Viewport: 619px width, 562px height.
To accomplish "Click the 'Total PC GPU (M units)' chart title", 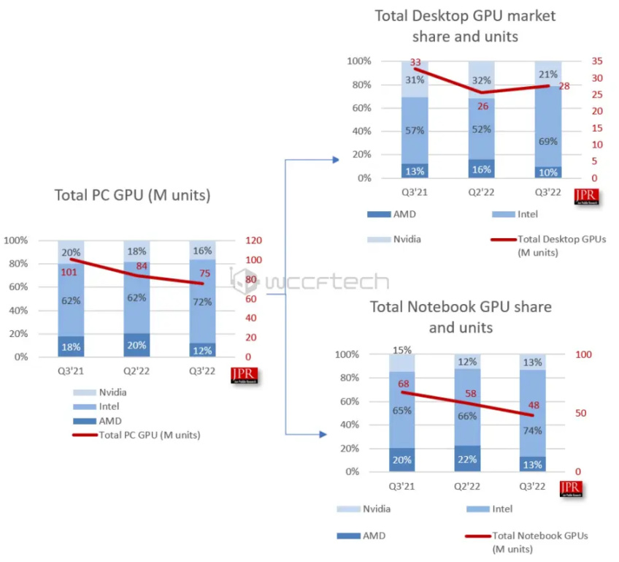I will point(132,195).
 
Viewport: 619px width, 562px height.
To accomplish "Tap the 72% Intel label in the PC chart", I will point(202,301).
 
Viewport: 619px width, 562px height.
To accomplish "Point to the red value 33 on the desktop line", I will point(416,63).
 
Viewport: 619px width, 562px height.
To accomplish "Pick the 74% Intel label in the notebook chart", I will point(533,430).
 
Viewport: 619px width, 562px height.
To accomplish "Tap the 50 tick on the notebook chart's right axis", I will point(581,414).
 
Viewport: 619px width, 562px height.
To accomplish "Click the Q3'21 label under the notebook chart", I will point(401,487).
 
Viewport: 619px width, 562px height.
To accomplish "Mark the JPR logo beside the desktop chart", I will point(586,196).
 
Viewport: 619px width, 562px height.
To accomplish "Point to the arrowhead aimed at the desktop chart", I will point(335,159).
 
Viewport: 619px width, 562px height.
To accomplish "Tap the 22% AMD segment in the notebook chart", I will point(467,459).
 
